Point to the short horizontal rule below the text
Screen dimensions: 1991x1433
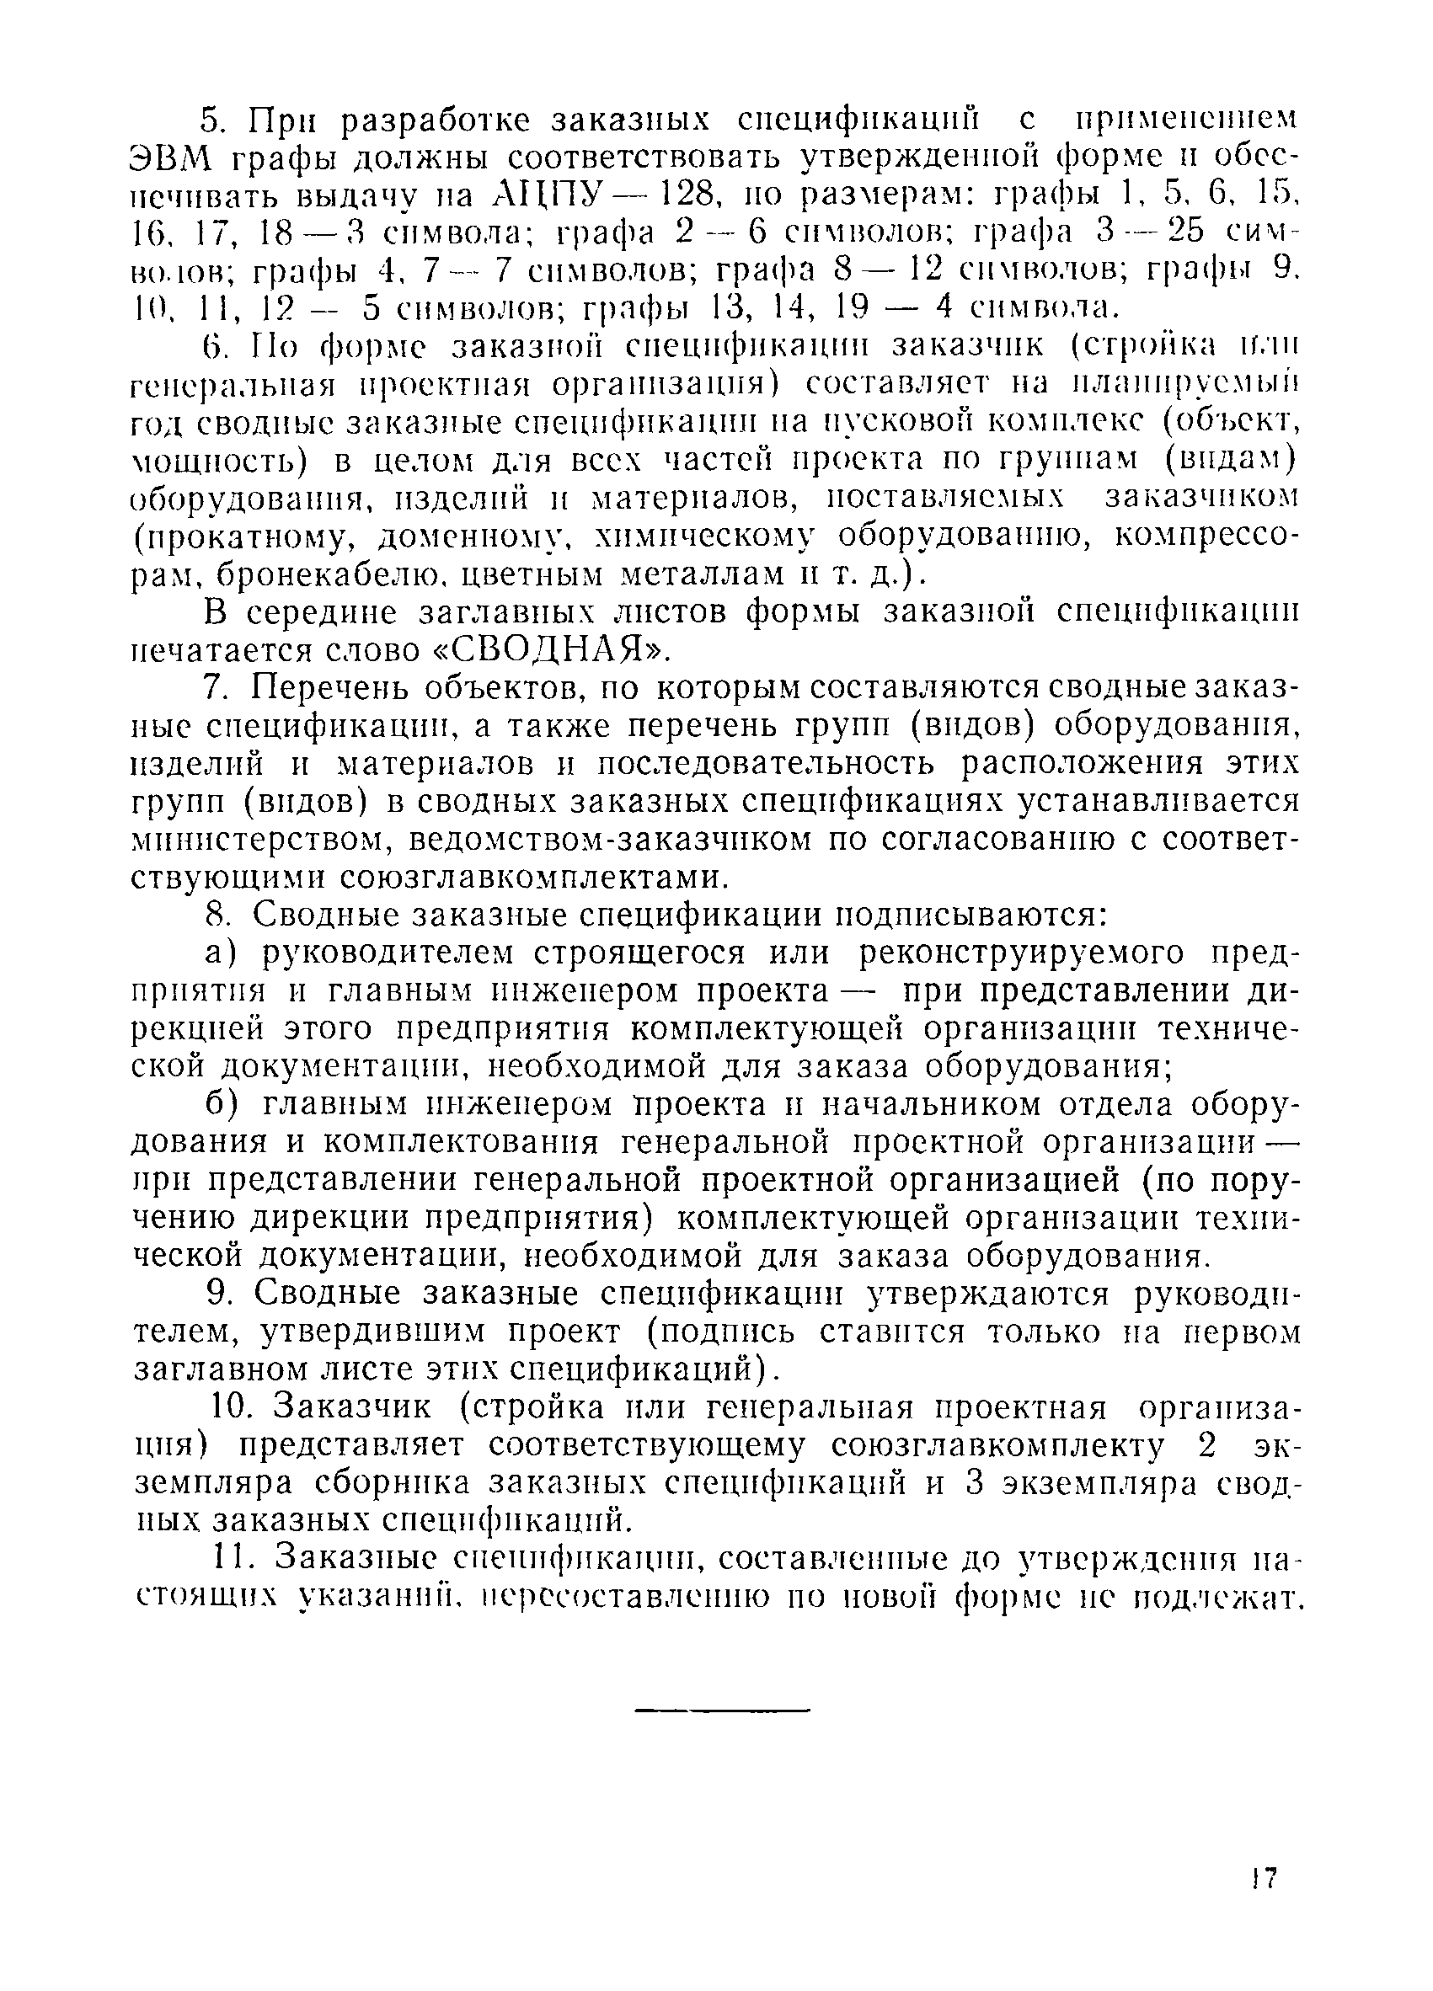[720, 1710]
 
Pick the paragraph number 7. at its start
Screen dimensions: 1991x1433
[216, 688]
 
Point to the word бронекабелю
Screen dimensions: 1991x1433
[332, 574]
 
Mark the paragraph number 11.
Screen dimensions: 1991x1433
[233, 1559]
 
